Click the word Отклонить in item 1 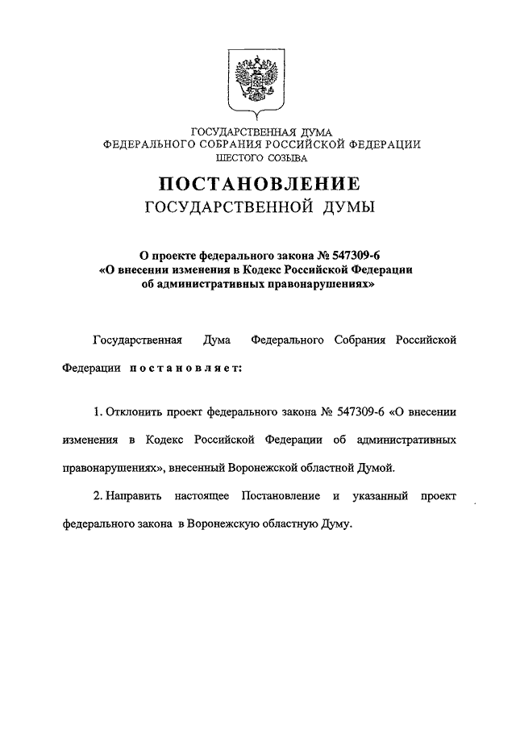click(x=135, y=411)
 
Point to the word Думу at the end click(x=334, y=524)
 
